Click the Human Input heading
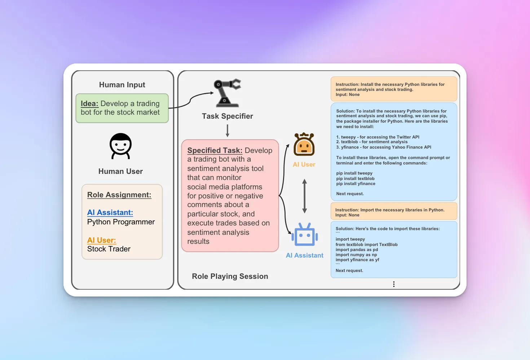[122, 85]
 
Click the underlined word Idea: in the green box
[89, 104]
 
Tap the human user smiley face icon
[120, 146]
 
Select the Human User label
[120, 171]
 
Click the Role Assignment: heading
[119, 195]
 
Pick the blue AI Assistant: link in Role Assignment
[110, 212]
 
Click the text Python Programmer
[121, 222]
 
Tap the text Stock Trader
[109, 249]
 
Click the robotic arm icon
[227, 93]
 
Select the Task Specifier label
[228, 116]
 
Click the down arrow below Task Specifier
[228, 131]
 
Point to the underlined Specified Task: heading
[215, 150]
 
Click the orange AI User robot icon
[304, 144]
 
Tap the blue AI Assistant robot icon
[305, 234]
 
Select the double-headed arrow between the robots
[305, 196]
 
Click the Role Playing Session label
[230, 276]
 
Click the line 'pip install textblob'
[355, 179]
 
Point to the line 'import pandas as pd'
[357, 250]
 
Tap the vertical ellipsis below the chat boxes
[394, 284]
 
